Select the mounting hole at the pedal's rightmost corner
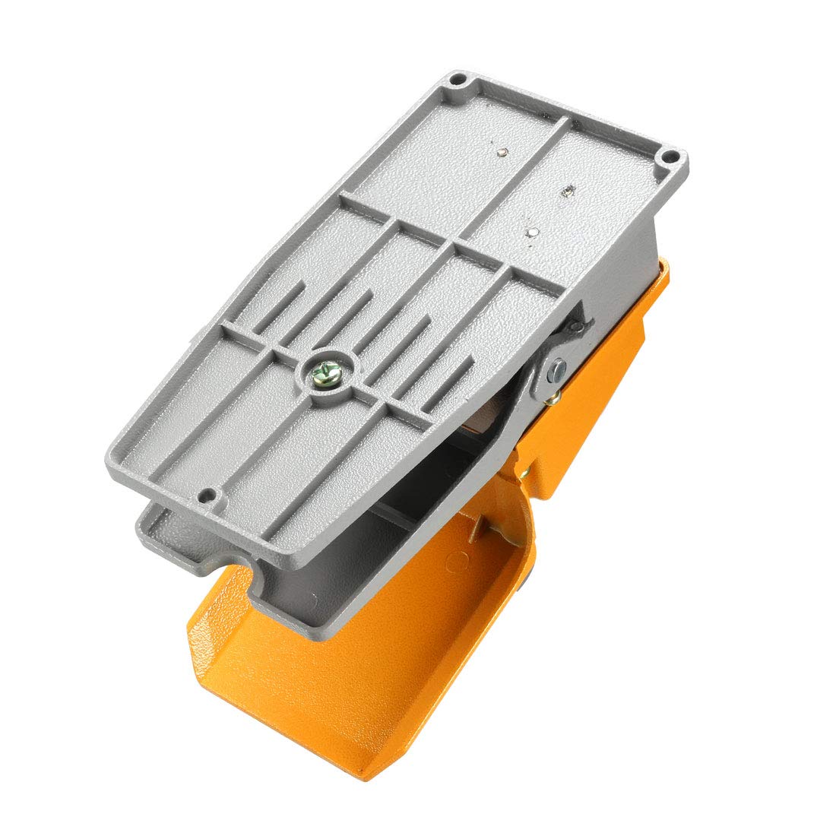coord(668,158)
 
